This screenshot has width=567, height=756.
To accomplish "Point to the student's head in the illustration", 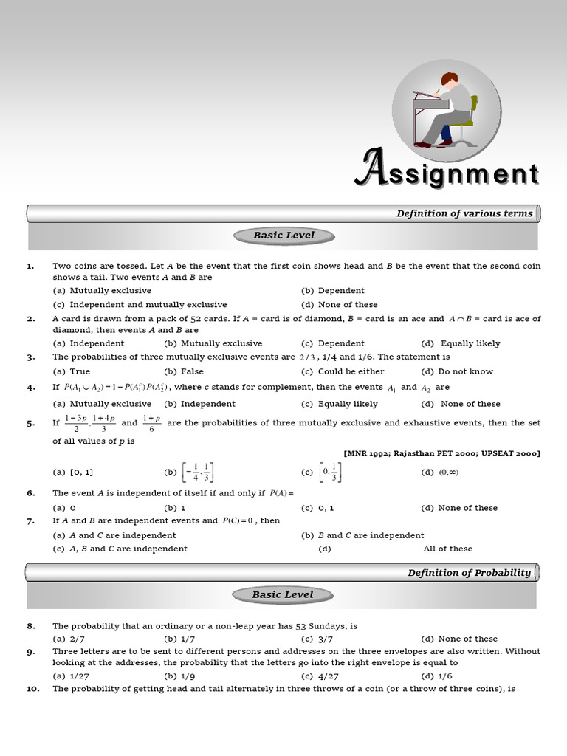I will (x=447, y=79).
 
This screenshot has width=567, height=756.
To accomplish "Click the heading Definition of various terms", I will (x=464, y=213).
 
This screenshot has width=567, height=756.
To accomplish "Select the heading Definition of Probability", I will (x=469, y=572).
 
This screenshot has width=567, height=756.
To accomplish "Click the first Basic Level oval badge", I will (x=283, y=236).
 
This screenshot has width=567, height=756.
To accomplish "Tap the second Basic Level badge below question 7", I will (x=283, y=594).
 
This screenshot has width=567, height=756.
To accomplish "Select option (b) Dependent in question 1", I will (x=333, y=291).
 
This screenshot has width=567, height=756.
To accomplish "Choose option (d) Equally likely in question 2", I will (x=460, y=343).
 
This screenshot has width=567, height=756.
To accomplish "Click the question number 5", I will (x=31, y=424).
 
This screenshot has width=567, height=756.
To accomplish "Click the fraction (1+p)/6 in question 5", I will (x=151, y=423).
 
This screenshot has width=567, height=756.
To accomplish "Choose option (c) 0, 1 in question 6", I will (x=317, y=508).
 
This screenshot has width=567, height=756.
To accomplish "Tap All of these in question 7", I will (x=447, y=549).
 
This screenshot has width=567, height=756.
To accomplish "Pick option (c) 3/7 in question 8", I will (x=317, y=639).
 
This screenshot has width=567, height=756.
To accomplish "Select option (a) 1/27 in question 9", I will (x=67, y=676).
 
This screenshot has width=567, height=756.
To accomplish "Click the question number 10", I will (x=33, y=689).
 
